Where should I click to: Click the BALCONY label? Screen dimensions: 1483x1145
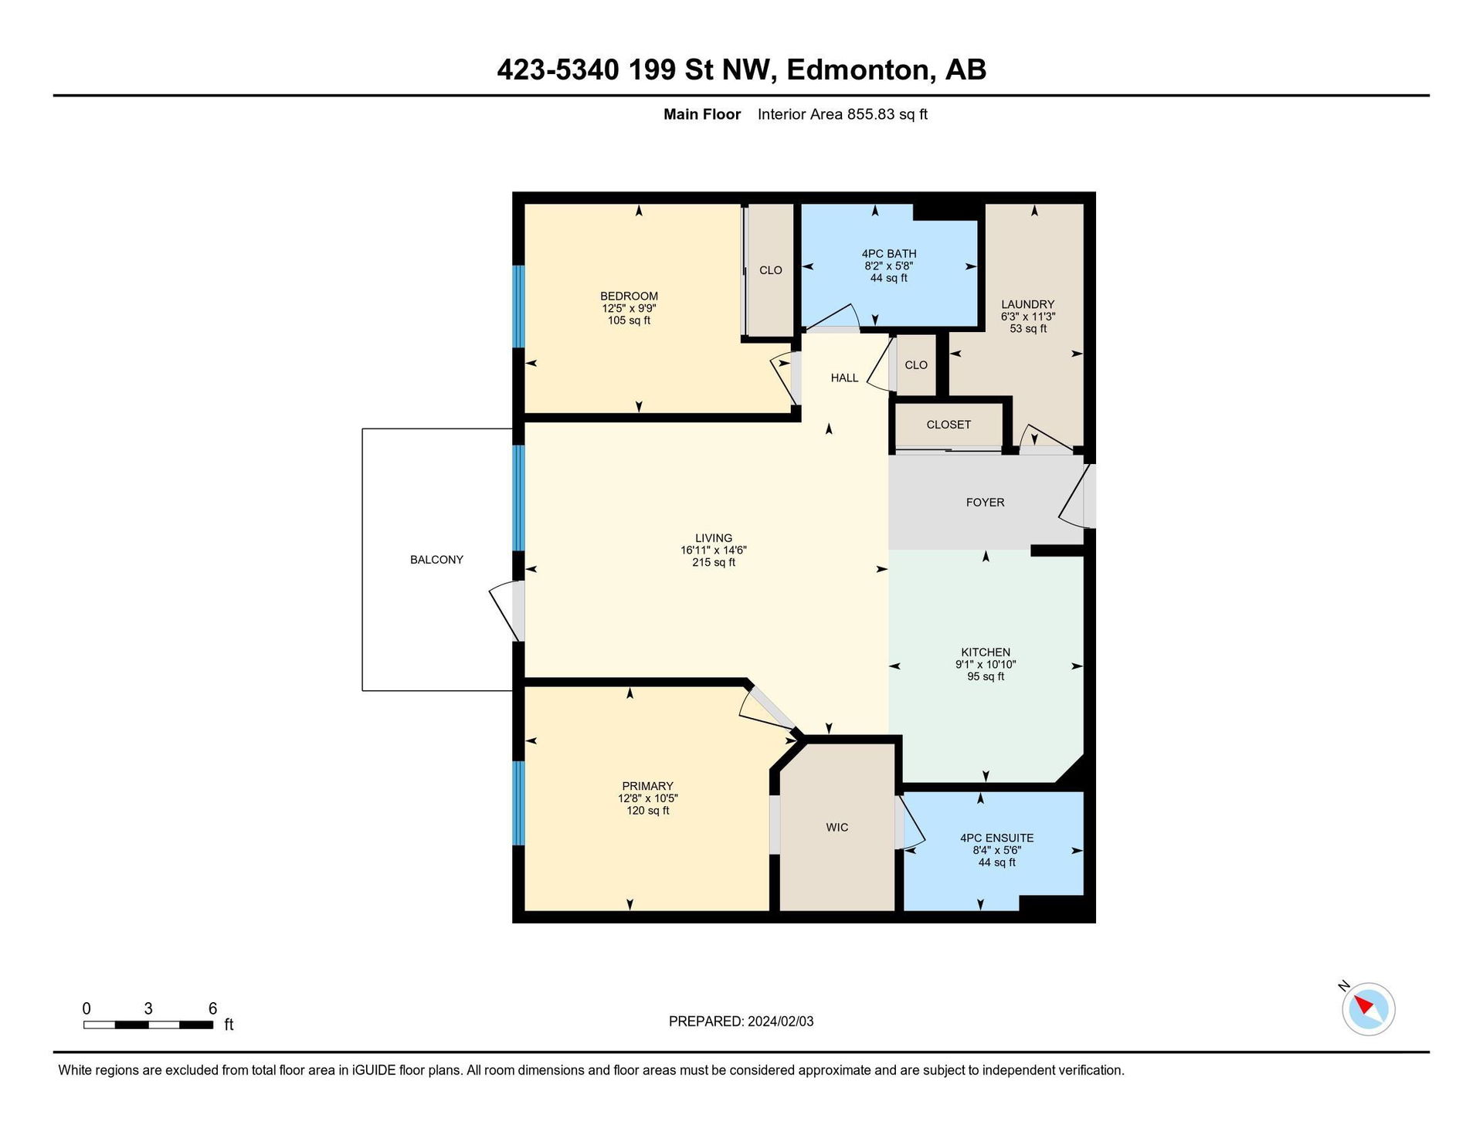436,560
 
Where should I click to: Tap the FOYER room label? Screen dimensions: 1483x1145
985,503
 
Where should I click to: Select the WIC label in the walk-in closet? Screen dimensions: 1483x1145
837,828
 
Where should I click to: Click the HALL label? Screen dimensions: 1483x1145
844,378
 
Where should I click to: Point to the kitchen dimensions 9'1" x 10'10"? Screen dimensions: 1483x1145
986,665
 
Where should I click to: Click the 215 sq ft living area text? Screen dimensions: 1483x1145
714,563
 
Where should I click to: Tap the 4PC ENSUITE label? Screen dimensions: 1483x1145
996,838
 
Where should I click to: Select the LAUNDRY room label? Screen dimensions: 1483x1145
1027,305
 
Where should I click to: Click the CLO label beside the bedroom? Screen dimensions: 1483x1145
771,270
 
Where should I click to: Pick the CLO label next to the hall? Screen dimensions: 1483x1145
916,365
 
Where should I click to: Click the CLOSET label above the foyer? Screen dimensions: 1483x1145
949,425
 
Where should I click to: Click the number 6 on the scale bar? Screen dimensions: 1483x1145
212,1008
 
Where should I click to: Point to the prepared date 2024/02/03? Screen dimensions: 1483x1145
780,1021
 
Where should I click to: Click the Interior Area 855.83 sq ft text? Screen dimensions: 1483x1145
842,114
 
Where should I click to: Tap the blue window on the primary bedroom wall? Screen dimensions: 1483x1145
518,803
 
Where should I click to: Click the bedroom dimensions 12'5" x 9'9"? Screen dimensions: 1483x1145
630,308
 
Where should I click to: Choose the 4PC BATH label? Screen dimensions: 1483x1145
889,254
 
